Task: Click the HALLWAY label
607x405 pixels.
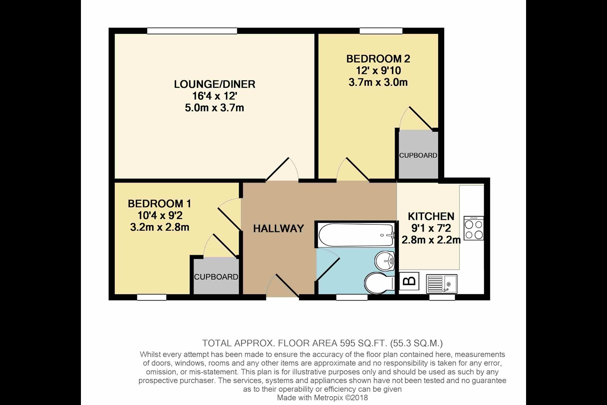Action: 279,228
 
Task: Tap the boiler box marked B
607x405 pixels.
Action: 409,281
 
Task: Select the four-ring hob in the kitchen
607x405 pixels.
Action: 474,228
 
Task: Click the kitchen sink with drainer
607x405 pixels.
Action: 442,284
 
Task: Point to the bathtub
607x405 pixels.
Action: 356,235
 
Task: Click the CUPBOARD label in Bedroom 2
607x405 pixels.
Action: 418,155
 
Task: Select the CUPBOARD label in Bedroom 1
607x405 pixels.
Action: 216,277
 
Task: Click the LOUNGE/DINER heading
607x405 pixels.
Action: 215,84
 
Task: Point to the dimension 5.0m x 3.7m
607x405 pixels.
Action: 215,108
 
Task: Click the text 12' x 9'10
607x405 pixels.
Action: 378,70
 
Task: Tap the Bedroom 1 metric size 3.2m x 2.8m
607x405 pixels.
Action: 160,227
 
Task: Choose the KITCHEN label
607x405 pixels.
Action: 431,216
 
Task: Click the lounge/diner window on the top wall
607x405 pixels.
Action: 192,31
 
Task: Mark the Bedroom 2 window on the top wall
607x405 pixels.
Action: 381,31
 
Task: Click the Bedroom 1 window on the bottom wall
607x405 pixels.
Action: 152,297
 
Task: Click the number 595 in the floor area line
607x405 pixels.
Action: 347,343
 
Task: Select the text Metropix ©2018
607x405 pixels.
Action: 341,398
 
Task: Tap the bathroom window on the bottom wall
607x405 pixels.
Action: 352,297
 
